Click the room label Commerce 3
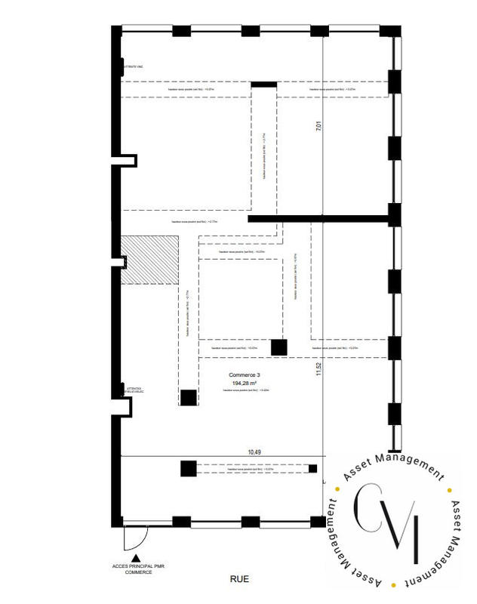click(x=245, y=374)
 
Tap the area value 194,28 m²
click(x=245, y=383)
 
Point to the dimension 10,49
click(x=256, y=451)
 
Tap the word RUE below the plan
click(x=239, y=579)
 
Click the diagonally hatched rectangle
click(x=150, y=259)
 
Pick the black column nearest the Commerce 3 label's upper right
click(x=279, y=347)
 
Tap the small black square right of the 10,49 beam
click(x=312, y=469)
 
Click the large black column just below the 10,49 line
click(x=188, y=468)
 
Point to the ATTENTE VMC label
click(x=133, y=68)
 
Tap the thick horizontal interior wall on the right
click(x=321, y=219)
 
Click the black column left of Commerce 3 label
click(x=188, y=397)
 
